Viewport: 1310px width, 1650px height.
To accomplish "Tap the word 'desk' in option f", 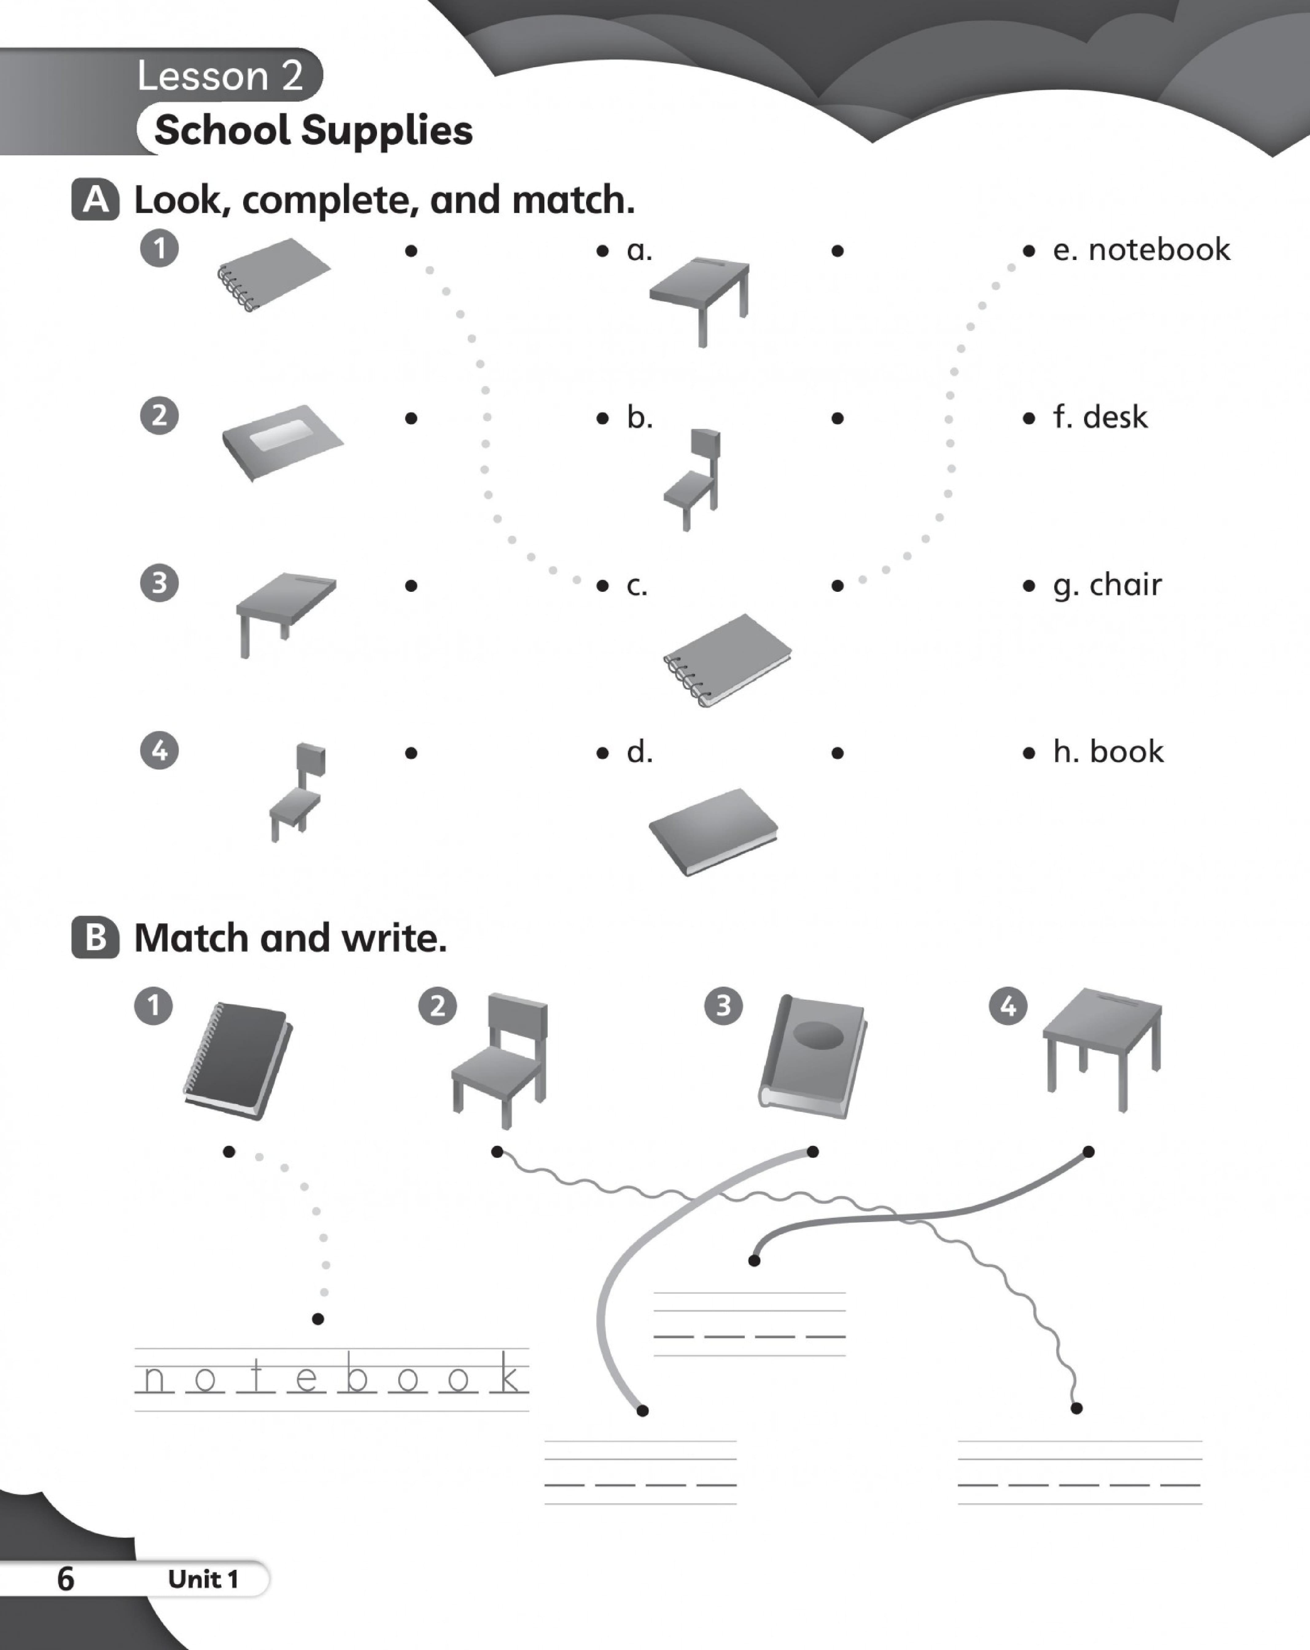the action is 1115,417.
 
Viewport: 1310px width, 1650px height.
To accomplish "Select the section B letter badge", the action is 96,938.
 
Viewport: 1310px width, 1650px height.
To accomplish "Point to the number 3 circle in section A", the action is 159,583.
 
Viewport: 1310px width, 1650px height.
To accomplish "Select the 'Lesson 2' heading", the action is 220,76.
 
